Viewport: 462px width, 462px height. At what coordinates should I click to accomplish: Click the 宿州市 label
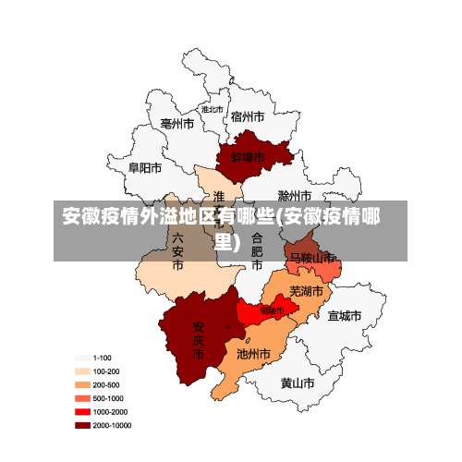pos(248,116)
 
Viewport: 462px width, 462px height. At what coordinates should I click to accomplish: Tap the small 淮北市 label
pos(213,109)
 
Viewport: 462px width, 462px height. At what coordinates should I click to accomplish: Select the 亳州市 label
pos(176,123)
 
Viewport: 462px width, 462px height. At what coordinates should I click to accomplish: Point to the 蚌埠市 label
pos(248,157)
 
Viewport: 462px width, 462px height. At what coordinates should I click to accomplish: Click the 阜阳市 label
pos(145,168)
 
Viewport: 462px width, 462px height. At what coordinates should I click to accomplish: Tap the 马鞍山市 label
pos(312,258)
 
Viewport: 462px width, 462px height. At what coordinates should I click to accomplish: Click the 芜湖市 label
pos(307,291)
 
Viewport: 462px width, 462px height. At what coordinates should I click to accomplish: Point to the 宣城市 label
pos(344,316)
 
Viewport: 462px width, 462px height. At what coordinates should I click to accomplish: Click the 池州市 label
pos(253,354)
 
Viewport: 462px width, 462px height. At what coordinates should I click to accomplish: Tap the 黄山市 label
pos(298,382)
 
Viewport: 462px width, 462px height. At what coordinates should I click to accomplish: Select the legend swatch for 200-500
pos(82,384)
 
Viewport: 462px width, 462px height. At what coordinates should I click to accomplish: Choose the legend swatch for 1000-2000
pos(82,412)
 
